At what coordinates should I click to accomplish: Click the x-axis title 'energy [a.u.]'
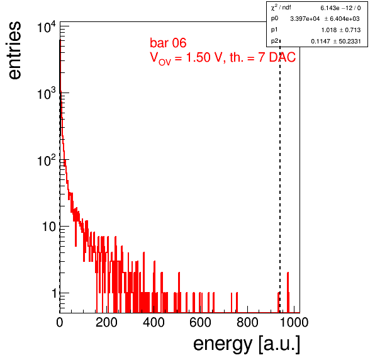coord(247,344)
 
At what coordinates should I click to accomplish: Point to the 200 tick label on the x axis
coord(106,322)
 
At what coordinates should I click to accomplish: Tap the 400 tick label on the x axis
coord(154,322)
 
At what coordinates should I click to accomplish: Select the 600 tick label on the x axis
coord(201,322)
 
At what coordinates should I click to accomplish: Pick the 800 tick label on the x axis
coord(247,322)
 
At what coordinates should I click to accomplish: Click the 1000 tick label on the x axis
coord(294,322)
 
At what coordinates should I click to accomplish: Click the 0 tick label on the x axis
coord(60,322)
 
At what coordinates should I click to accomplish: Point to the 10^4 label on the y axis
coord(47,27)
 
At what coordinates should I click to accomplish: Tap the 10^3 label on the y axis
coord(47,94)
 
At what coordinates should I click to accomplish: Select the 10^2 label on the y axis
coord(47,160)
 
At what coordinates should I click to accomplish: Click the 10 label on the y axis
coord(49,227)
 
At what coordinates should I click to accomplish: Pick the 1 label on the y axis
coord(55,293)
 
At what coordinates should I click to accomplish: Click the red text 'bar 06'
coord(168,43)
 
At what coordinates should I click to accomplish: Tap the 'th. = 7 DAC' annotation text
coord(262,57)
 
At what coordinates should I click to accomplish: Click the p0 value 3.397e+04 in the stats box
coord(305,19)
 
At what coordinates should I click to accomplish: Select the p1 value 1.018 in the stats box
coord(329,30)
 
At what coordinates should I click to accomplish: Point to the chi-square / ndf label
coord(281,8)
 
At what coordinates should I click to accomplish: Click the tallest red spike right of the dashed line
coord(288,292)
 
